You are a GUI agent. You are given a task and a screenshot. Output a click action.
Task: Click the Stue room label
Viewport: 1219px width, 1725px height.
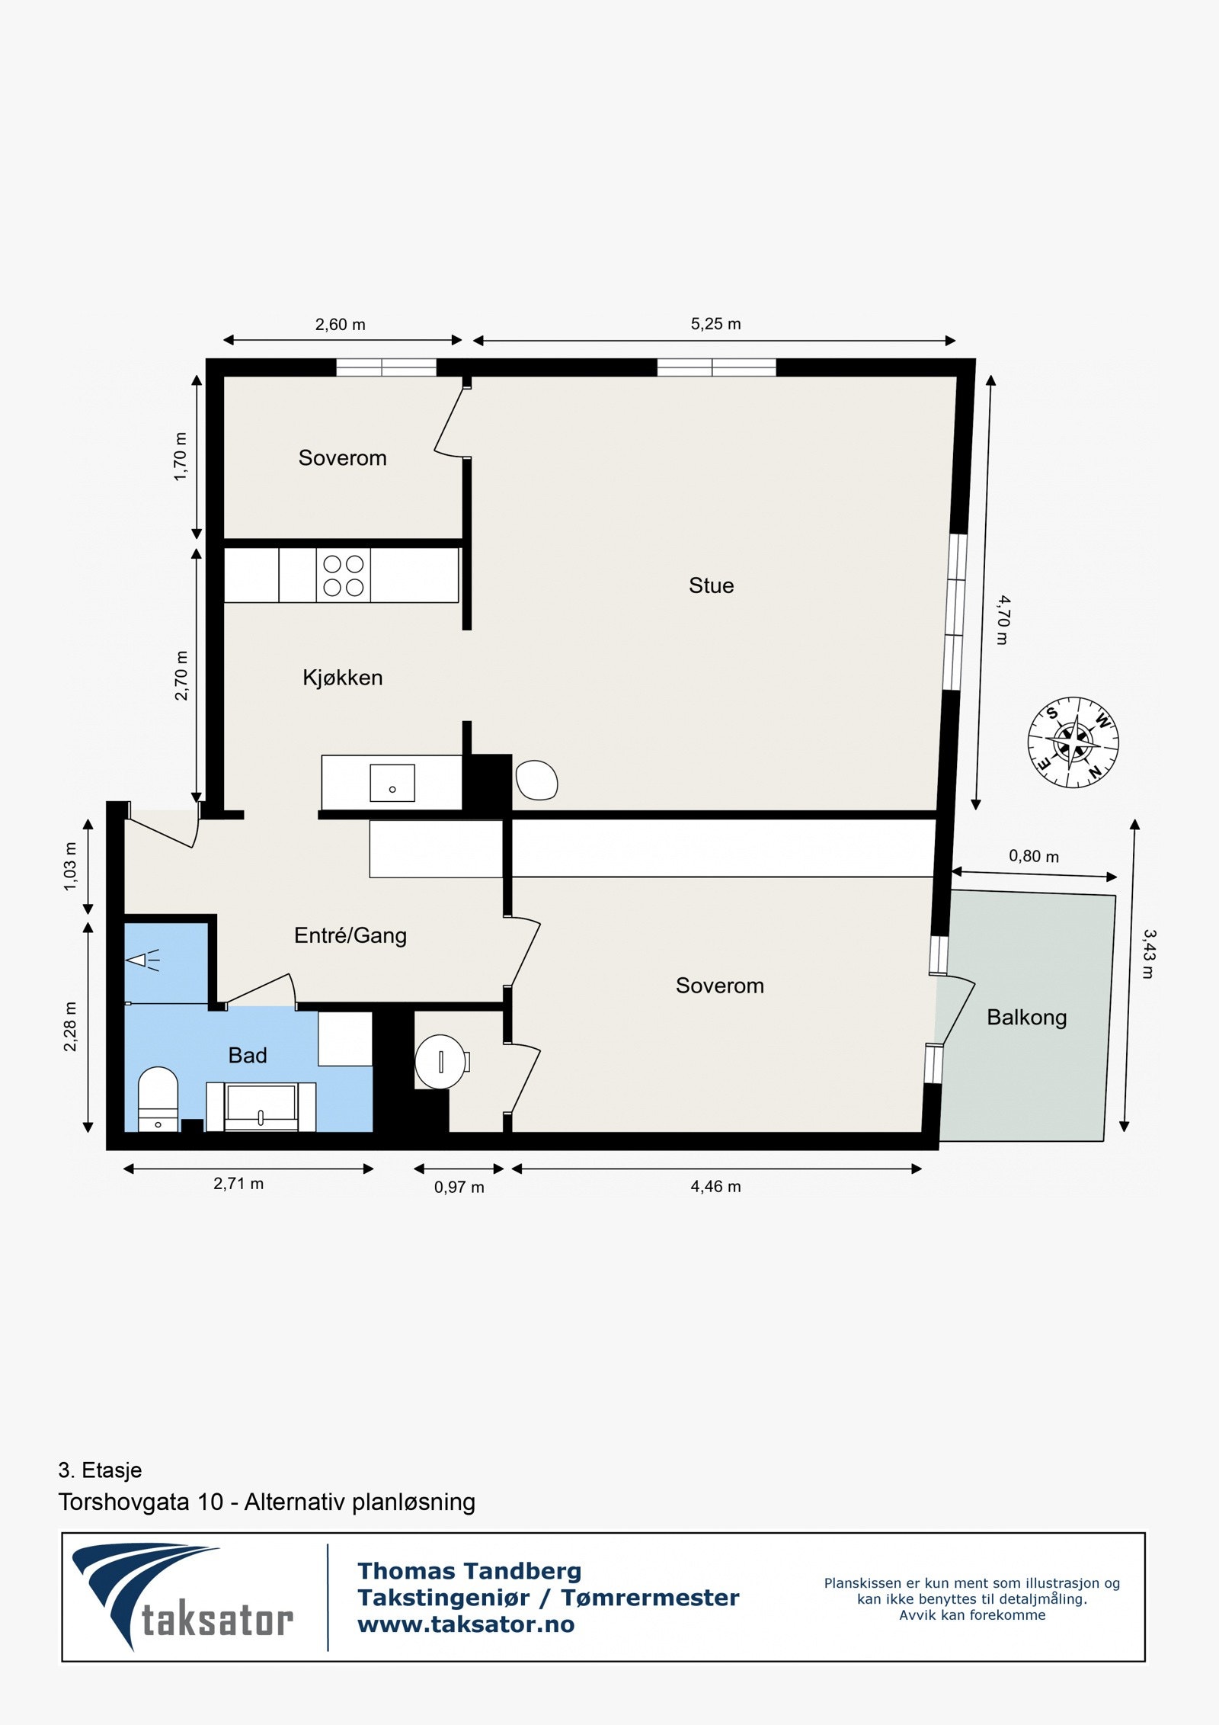pos(711,585)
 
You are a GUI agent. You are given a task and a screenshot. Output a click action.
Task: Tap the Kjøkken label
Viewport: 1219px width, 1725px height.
pos(342,678)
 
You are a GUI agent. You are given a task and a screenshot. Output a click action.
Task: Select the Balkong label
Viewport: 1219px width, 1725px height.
pos(1026,1017)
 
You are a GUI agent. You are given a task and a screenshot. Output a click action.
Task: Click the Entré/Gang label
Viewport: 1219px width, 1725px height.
pos(350,935)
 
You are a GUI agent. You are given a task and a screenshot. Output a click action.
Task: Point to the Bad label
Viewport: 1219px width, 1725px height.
pos(248,1055)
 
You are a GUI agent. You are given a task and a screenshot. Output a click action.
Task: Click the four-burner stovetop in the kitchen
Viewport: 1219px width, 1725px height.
pos(343,576)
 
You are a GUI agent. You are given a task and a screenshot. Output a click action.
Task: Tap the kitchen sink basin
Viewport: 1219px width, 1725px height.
pos(392,784)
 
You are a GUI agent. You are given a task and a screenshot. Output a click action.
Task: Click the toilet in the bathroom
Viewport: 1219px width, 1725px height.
pos(158,1098)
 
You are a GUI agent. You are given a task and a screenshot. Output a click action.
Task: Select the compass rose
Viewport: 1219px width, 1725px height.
pos(1073,742)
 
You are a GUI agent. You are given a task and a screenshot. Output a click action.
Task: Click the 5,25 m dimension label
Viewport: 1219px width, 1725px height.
pos(715,324)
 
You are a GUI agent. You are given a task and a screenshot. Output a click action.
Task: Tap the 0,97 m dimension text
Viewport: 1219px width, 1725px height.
pos(459,1187)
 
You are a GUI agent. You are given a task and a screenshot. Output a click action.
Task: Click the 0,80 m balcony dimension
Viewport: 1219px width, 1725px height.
pos(1033,856)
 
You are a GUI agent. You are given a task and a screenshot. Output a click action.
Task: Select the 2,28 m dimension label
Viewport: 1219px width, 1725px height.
pos(70,1026)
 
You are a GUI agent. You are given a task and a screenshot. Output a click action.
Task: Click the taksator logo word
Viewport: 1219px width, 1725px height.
pos(217,1621)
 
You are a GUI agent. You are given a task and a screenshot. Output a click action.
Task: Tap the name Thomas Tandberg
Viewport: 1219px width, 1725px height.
pos(469,1571)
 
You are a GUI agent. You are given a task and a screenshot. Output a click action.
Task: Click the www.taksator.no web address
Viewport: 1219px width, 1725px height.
pos(466,1624)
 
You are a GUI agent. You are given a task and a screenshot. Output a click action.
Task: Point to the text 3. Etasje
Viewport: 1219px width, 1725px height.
pos(100,1470)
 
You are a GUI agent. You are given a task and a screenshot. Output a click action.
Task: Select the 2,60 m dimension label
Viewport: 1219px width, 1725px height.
pos(340,325)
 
